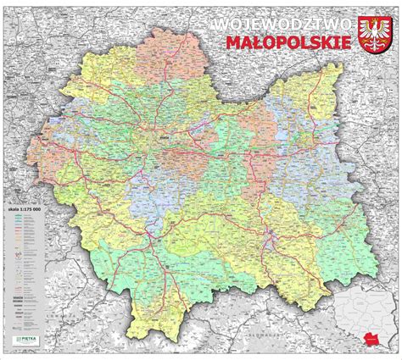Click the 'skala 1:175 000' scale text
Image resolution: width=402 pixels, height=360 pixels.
click(25, 207)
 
